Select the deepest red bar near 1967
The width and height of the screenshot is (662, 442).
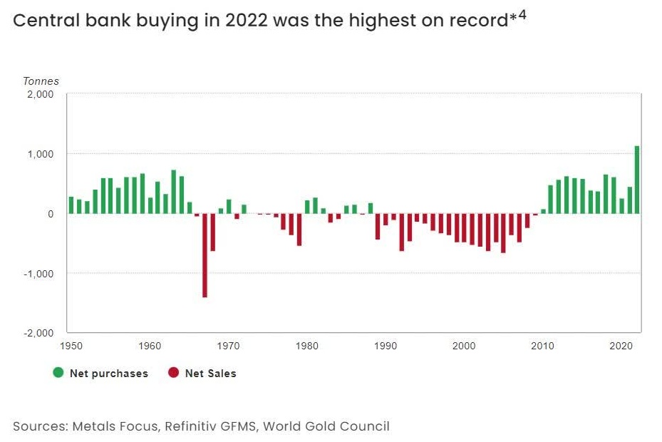click(x=205, y=255)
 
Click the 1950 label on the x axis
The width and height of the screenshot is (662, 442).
click(x=71, y=346)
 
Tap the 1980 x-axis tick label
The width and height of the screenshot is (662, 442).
click(x=306, y=346)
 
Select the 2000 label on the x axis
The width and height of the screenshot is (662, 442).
click(x=464, y=346)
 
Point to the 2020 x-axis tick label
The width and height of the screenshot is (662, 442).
click(x=621, y=346)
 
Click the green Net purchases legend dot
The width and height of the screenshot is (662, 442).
click(x=59, y=372)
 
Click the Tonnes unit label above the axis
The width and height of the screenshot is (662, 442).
click(x=41, y=81)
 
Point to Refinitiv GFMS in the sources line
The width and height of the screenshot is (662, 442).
click(x=212, y=426)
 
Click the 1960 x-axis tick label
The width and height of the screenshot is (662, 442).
click(x=150, y=346)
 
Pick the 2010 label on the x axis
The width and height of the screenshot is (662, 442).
click(x=542, y=346)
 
